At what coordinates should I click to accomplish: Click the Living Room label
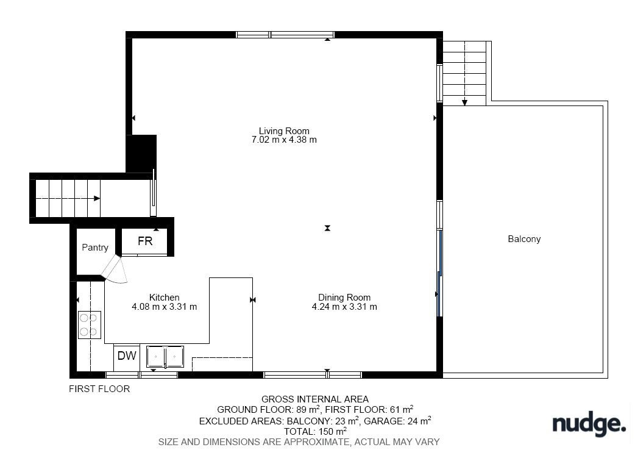pos(284,131)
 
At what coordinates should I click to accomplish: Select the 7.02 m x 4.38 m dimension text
pos(284,140)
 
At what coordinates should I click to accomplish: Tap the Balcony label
pos(524,239)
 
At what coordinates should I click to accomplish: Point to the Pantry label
pos(95,247)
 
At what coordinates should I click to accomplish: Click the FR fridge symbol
pos(145,241)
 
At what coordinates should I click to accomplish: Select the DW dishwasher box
pos(127,355)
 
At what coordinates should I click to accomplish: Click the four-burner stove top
pos(90,325)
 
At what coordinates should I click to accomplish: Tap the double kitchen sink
pos(165,357)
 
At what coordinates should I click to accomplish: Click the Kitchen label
pos(164,298)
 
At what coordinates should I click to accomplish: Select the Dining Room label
pos(344,298)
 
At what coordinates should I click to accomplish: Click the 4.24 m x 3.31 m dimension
pos(344,307)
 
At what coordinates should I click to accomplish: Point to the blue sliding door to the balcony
pos(440,273)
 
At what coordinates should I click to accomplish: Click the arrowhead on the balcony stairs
pos(464,102)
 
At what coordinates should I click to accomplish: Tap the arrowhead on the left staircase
pos(97,198)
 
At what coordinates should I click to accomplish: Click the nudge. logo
pos(589,424)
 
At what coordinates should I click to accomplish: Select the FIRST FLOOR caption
pos(99,389)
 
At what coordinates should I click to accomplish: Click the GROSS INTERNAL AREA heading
pos(314,399)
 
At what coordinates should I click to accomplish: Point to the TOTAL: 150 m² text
pos(315,431)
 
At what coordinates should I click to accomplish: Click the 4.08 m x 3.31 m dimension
pos(164,307)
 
